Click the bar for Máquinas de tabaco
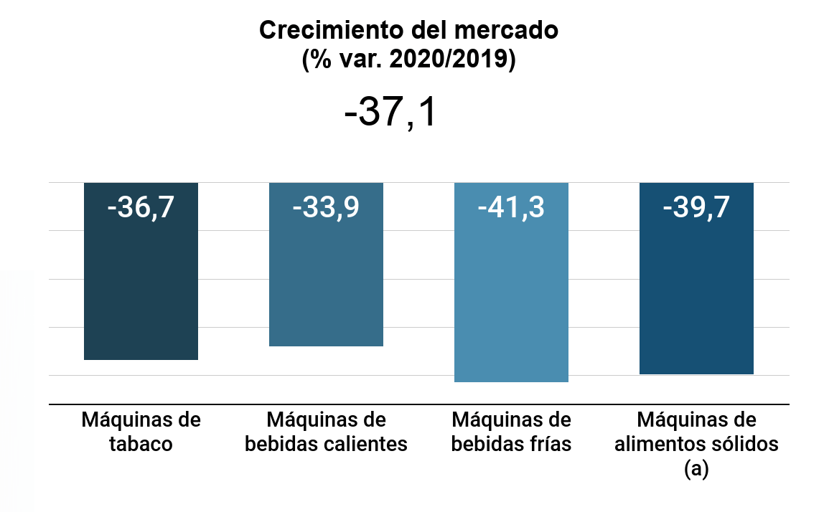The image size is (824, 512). point(141,287)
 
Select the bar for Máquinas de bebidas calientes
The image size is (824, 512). point(326,280)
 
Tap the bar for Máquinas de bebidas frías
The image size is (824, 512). point(511,301)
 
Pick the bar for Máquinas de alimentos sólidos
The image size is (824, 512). point(696,294)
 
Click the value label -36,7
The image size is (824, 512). point(141,208)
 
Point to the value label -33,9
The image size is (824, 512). point(326,208)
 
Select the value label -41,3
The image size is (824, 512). point(511,208)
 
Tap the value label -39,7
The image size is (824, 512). point(696,208)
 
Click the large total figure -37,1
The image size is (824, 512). point(390,113)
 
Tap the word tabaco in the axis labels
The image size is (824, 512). point(141,444)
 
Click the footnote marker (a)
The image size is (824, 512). point(696,469)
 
